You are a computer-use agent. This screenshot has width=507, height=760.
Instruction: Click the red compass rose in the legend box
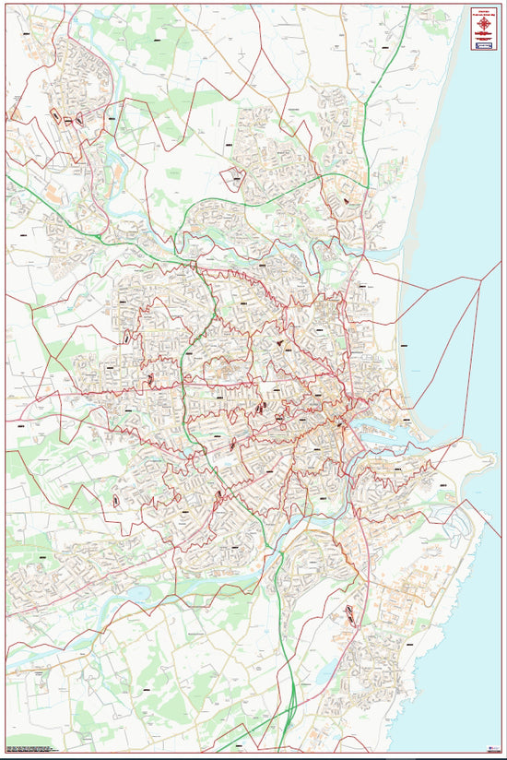click(x=484, y=22)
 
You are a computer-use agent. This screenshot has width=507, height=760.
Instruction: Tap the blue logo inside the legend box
click(x=484, y=44)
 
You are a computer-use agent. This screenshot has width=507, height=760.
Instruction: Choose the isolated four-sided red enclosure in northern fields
click(x=234, y=179)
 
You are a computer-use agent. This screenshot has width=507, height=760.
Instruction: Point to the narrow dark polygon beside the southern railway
click(x=350, y=613)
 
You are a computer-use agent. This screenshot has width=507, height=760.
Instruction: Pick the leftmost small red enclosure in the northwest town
click(x=56, y=117)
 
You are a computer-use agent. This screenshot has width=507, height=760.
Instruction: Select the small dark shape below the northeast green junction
click(x=346, y=200)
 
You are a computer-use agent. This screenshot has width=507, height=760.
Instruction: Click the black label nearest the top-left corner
click(x=25, y=34)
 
